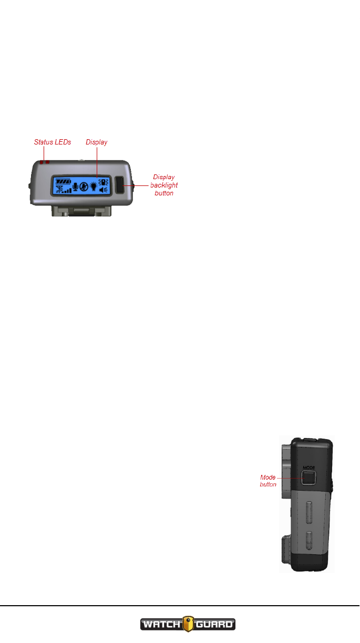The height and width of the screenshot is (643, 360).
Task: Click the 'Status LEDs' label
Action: [52, 142]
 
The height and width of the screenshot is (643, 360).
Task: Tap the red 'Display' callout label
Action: [97, 142]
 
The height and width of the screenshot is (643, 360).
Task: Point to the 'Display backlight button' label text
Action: [163, 185]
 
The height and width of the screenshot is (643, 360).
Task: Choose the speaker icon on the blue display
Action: [103, 190]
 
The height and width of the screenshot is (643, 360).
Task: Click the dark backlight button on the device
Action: [120, 185]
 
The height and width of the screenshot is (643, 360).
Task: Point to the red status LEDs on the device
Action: [44, 162]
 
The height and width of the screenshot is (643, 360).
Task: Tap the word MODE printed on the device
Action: [308, 466]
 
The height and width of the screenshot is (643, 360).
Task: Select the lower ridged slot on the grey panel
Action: [308, 541]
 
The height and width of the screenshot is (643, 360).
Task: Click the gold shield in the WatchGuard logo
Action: [187, 625]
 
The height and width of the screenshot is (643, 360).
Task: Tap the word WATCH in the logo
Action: [161, 625]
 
